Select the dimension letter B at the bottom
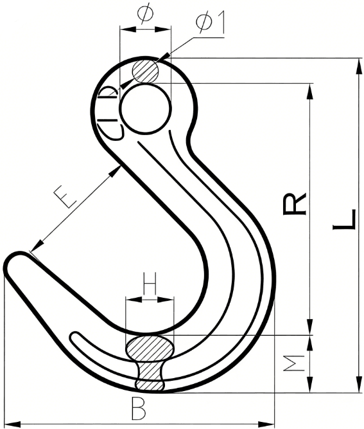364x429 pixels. point(137,407)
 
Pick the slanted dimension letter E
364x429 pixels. point(67,197)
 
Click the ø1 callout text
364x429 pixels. point(211,23)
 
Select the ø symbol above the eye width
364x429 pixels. point(144,14)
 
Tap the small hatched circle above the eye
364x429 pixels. point(145,71)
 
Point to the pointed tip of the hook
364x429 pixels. point(13,264)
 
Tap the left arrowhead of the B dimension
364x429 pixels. point(9,423)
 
